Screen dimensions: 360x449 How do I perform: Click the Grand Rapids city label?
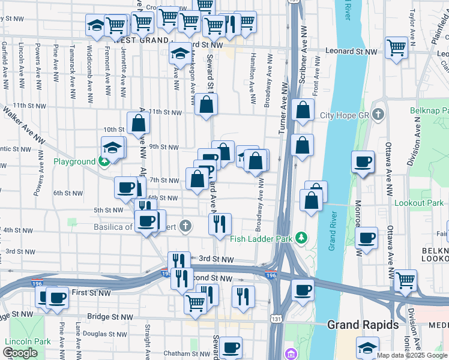[x=362, y=325]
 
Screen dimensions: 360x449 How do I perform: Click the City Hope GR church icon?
[x=378, y=114]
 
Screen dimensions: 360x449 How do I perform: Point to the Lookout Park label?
[x=418, y=203]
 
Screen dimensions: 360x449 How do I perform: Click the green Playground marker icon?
[x=104, y=161]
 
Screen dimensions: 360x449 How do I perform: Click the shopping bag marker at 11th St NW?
[x=206, y=105]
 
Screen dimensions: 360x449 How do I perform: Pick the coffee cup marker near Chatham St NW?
[x=230, y=346]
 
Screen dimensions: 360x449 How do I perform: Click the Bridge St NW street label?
[x=111, y=317]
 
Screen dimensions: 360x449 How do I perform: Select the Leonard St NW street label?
[x=351, y=52]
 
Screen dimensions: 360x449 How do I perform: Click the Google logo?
[x=20, y=353]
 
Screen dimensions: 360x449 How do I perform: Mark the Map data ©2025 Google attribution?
[x=412, y=355]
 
